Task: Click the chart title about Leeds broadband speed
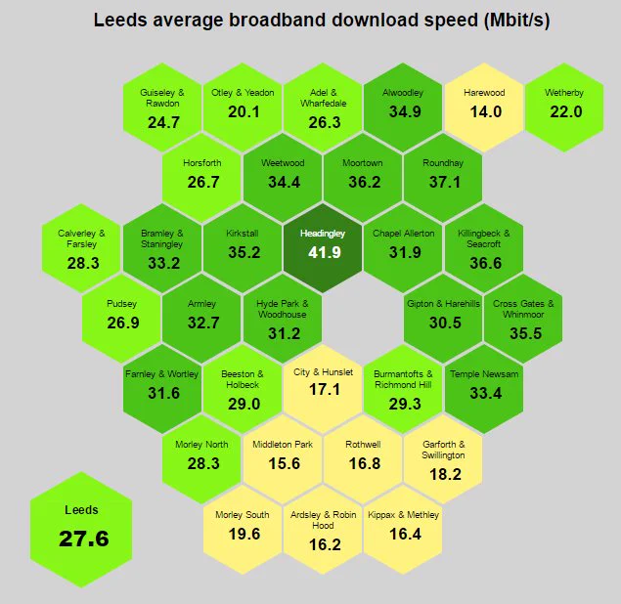[322, 20]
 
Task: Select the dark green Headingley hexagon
[323, 248]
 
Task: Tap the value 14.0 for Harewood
[485, 111]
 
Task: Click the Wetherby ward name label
[564, 93]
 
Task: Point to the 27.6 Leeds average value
[83, 539]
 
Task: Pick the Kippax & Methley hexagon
[403, 530]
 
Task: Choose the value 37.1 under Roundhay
[445, 182]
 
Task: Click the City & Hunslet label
[323, 372]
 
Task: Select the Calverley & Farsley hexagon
[81, 248]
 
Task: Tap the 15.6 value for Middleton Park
[284, 463]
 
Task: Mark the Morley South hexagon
[243, 530]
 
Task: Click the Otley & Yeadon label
[243, 93]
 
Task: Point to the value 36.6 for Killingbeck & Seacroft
[485, 263]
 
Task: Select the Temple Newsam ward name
[484, 374]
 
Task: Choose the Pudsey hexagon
[121, 319]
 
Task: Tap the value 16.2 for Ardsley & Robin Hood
[325, 544]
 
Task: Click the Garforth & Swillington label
[443, 450]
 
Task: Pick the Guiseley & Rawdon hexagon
[162, 108]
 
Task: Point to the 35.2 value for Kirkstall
[244, 252]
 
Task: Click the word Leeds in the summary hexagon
[81, 510]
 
